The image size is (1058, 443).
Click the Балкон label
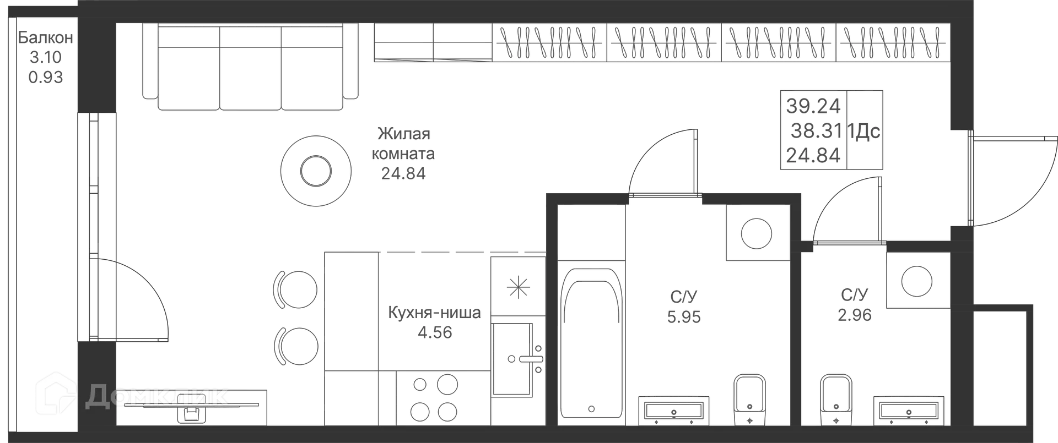point(45,37)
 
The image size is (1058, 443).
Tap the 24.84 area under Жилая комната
point(403,173)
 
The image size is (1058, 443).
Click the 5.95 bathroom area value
point(684,317)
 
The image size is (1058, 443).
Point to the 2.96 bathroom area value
point(855,315)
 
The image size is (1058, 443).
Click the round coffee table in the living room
point(316,172)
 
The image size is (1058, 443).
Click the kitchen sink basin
point(512,359)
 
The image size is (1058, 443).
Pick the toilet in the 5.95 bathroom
point(750,401)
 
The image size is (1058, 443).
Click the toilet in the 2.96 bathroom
point(836,401)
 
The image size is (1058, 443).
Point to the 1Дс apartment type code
point(863,132)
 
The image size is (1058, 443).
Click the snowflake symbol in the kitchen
point(518,287)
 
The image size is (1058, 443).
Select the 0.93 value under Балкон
point(46,77)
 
